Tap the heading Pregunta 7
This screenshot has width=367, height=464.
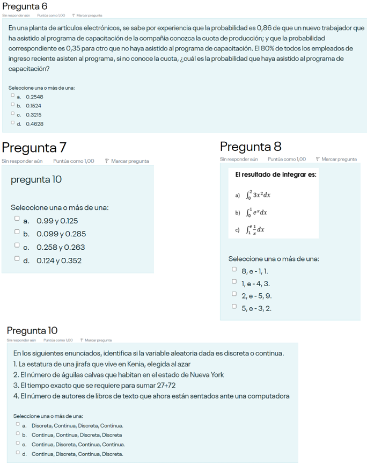coord(34,147)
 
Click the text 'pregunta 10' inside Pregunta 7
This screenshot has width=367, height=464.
coord(36,179)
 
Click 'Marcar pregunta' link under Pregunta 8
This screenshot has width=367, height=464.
coord(338,159)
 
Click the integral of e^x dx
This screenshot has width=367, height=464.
coord(256,212)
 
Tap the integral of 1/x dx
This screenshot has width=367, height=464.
coord(255,230)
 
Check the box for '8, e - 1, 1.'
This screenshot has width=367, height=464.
coord(234,271)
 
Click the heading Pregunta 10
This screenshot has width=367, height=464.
coord(32,330)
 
